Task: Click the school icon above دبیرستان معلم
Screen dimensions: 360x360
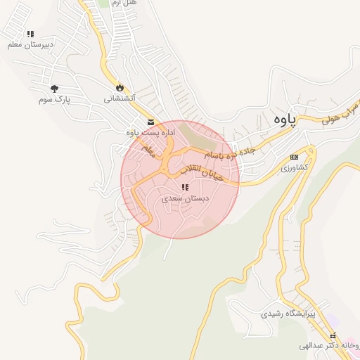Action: [x=30, y=34]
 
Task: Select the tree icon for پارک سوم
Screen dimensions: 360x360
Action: [x=54, y=89]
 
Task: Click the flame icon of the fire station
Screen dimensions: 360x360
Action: [x=120, y=87]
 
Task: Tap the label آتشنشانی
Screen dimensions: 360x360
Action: [x=120, y=98]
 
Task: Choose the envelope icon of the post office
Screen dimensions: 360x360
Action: [x=150, y=121]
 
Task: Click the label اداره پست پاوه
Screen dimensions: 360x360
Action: [x=150, y=132]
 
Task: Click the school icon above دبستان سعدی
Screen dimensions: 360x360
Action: [x=184, y=188]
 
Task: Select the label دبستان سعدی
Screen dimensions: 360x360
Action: [x=182, y=199]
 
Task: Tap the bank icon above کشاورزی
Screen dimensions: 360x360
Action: [x=295, y=157]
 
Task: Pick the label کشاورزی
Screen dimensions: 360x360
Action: [x=294, y=168]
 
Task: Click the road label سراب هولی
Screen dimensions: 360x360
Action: [x=341, y=114]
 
